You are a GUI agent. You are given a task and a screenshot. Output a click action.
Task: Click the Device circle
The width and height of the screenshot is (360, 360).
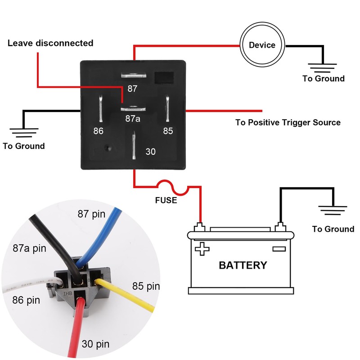click(262, 45)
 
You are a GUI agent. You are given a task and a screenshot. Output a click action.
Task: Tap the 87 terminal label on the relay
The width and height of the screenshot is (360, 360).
click(132, 89)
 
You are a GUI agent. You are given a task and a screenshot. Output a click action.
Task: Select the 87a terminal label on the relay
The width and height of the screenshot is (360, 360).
click(132, 119)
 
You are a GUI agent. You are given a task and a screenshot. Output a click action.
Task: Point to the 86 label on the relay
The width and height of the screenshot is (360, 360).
click(99, 131)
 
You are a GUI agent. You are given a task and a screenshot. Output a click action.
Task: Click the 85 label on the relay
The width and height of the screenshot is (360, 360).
click(168, 131)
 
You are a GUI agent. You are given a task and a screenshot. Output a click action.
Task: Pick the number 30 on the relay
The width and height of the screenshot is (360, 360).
click(150, 152)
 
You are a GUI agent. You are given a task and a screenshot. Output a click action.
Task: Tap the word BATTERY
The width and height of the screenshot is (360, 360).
click(243, 265)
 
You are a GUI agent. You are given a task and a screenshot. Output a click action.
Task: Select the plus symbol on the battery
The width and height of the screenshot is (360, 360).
click(202, 248)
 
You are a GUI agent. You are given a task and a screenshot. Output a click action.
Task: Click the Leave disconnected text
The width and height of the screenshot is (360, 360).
click(50, 43)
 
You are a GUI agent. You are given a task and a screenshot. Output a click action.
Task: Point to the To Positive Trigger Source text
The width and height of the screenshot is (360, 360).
click(288, 122)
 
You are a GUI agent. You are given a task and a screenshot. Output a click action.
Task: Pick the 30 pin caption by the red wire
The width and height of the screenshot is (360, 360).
click(95, 345)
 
